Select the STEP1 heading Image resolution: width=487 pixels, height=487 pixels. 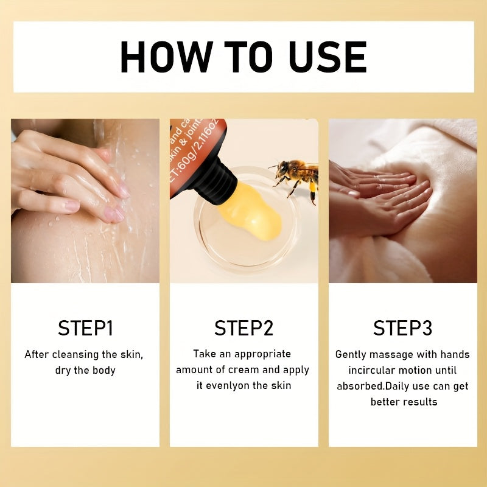click(85, 328)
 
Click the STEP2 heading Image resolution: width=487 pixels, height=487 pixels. click(243, 328)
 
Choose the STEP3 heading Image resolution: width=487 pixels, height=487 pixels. click(402, 328)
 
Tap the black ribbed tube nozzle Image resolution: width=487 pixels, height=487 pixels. click(214, 177)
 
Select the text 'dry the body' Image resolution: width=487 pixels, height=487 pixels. click(85, 370)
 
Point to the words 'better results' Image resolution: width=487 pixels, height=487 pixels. click(404, 402)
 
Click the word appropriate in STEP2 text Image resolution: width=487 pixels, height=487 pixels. click(262, 354)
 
